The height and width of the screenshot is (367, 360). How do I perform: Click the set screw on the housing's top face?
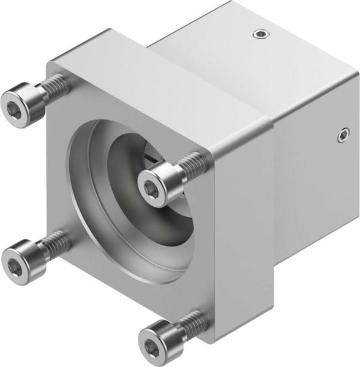261,35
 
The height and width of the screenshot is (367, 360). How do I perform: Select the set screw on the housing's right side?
343,134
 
